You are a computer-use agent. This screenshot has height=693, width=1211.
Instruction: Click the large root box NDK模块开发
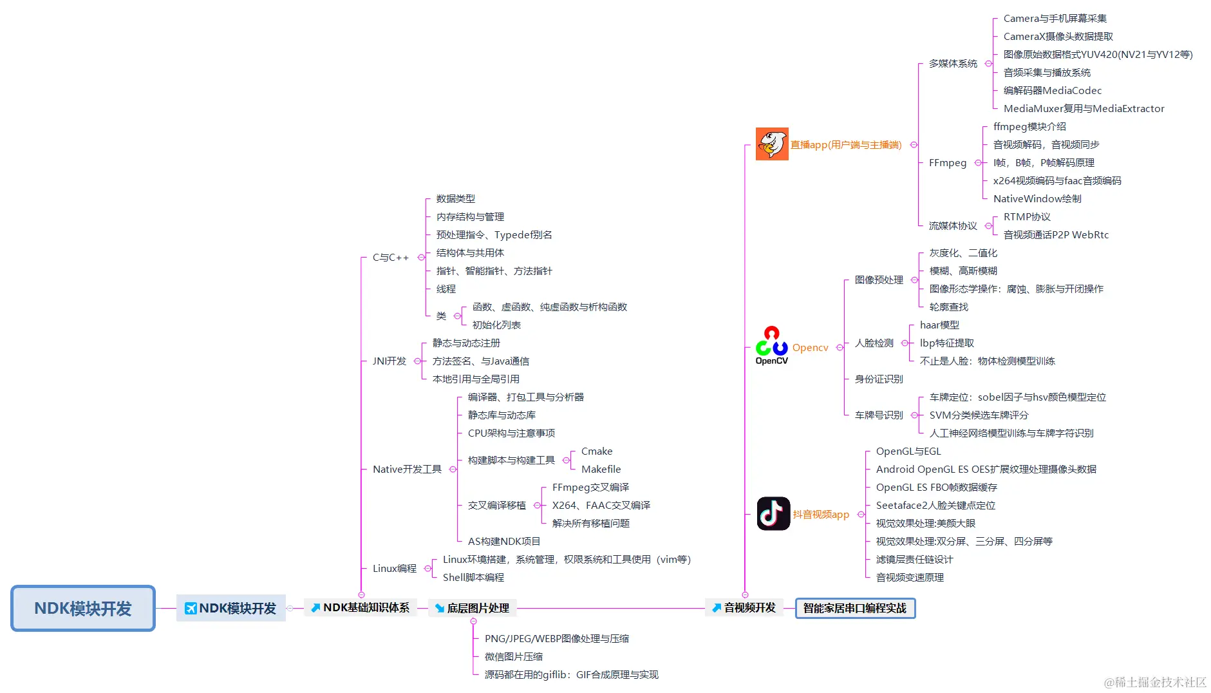click(x=83, y=608)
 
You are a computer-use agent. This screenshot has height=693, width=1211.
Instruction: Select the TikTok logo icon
click(x=773, y=513)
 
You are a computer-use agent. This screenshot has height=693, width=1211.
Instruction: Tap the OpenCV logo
click(x=771, y=346)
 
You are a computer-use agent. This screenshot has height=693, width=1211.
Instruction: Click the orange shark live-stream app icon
click(x=772, y=144)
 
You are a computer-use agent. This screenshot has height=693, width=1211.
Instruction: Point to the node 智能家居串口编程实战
click(x=855, y=608)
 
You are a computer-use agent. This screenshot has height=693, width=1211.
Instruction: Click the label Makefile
click(x=601, y=469)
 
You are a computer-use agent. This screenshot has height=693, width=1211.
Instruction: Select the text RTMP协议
click(x=1027, y=216)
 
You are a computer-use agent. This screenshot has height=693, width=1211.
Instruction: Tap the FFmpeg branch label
click(x=947, y=162)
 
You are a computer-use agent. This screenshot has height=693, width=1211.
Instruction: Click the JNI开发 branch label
click(x=390, y=361)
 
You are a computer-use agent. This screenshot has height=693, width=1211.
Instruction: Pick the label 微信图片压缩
click(x=513, y=656)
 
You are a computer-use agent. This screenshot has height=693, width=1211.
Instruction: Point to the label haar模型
click(x=939, y=325)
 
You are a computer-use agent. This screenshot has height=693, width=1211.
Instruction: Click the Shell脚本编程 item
click(x=473, y=577)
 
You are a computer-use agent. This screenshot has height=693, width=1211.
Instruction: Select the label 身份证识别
click(x=879, y=379)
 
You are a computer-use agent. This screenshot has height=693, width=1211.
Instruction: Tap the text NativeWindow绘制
click(x=1037, y=198)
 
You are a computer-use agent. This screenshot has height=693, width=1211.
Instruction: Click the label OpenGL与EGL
click(x=908, y=451)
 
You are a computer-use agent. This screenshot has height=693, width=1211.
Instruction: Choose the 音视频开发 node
click(x=744, y=607)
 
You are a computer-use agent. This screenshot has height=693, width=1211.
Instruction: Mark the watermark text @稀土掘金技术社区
click(x=1155, y=682)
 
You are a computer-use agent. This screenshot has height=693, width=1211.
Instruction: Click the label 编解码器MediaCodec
click(x=1053, y=90)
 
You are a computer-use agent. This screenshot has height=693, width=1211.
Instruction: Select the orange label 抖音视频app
click(x=821, y=514)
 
